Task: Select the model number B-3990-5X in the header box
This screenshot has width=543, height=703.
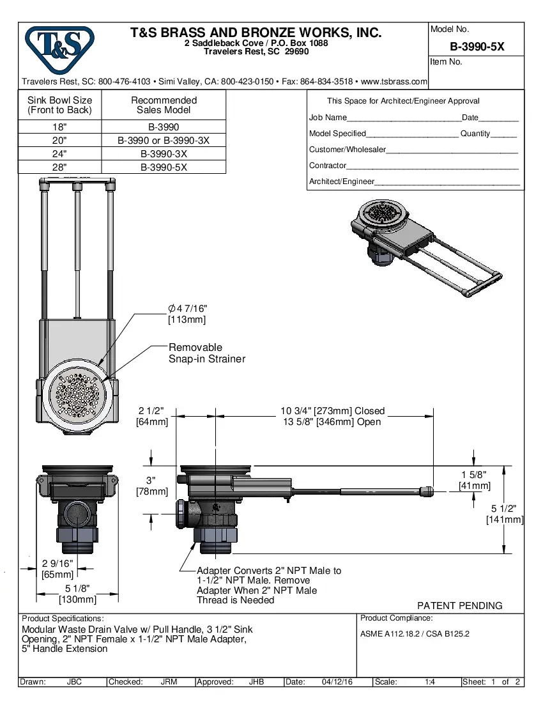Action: (x=477, y=46)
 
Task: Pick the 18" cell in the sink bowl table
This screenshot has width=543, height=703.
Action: (x=59, y=127)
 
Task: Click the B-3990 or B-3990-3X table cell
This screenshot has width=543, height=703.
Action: (x=164, y=141)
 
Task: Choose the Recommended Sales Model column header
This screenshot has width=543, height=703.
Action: (x=164, y=105)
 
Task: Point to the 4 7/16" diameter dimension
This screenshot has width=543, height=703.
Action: (x=187, y=314)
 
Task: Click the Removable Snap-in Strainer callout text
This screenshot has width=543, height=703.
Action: (x=206, y=353)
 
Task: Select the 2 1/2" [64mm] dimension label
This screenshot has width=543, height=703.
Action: (x=152, y=416)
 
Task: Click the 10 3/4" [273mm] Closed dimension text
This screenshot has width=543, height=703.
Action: (x=332, y=411)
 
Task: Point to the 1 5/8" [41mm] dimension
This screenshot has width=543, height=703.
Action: (x=474, y=480)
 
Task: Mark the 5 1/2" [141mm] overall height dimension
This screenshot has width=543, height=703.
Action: (x=505, y=514)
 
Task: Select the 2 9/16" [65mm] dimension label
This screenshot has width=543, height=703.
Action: (x=57, y=569)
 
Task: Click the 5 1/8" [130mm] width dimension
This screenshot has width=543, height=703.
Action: (x=77, y=594)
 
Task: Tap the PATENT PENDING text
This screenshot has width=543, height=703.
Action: (x=459, y=605)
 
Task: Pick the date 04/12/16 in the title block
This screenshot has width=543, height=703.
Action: (x=337, y=682)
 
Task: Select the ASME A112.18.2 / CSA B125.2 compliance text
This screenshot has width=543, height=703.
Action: (x=415, y=634)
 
